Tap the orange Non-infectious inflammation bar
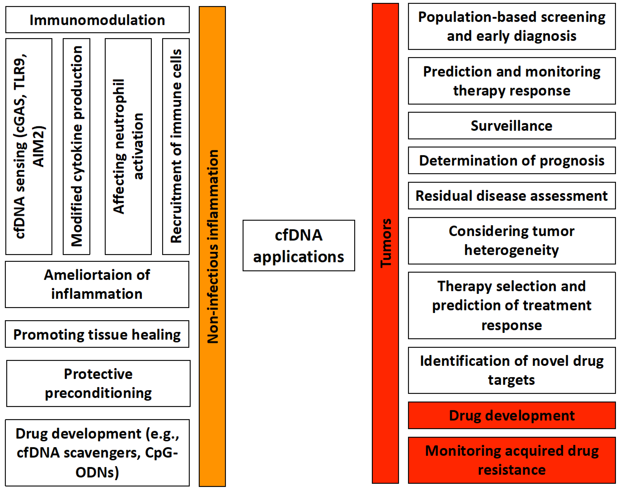(212, 246)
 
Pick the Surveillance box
(511, 126)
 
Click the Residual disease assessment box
(511, 196)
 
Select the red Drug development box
(511, 415)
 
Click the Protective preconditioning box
(98, 383)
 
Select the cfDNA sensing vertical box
(29, 147)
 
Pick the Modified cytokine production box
(77, 147)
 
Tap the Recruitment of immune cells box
(176, 147)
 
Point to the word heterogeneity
(511, 250)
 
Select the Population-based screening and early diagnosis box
(511, 26)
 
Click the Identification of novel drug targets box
(511, 370)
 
